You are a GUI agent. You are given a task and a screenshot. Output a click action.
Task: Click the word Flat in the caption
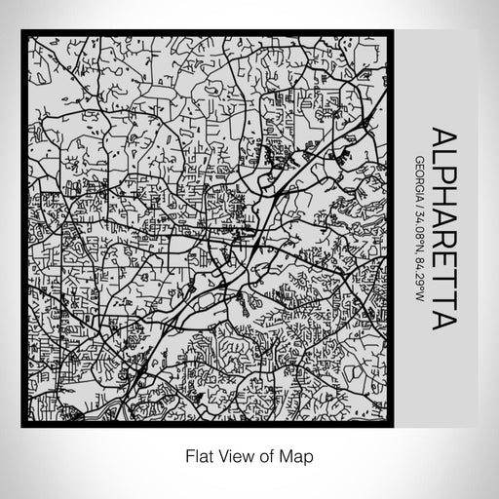click(x=196, y=454)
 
